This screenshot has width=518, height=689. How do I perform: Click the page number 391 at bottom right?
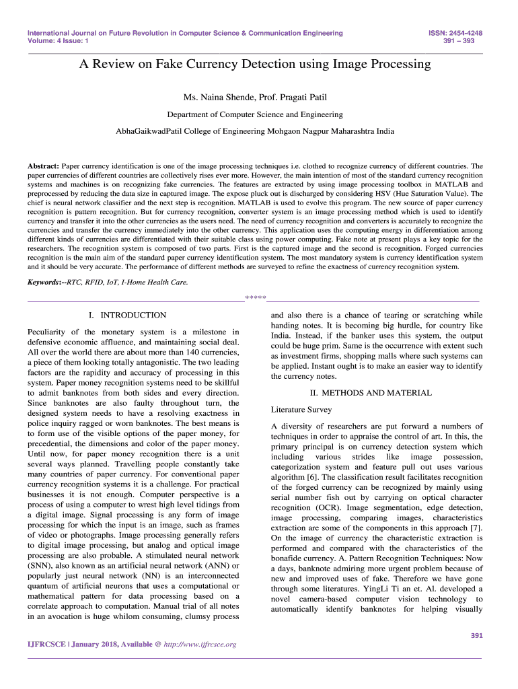click(x=476, y=635)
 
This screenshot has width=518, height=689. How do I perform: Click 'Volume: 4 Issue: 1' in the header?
click(x=58, y=41)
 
